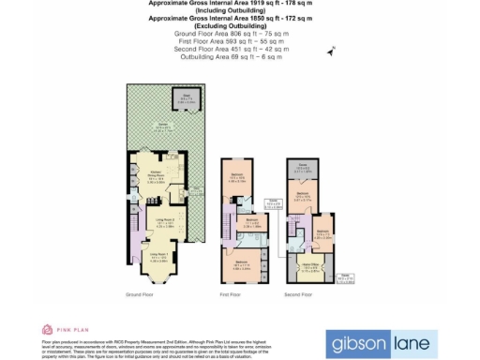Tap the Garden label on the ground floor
(x=163, y=127)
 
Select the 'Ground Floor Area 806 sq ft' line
(x=232, y=34)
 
